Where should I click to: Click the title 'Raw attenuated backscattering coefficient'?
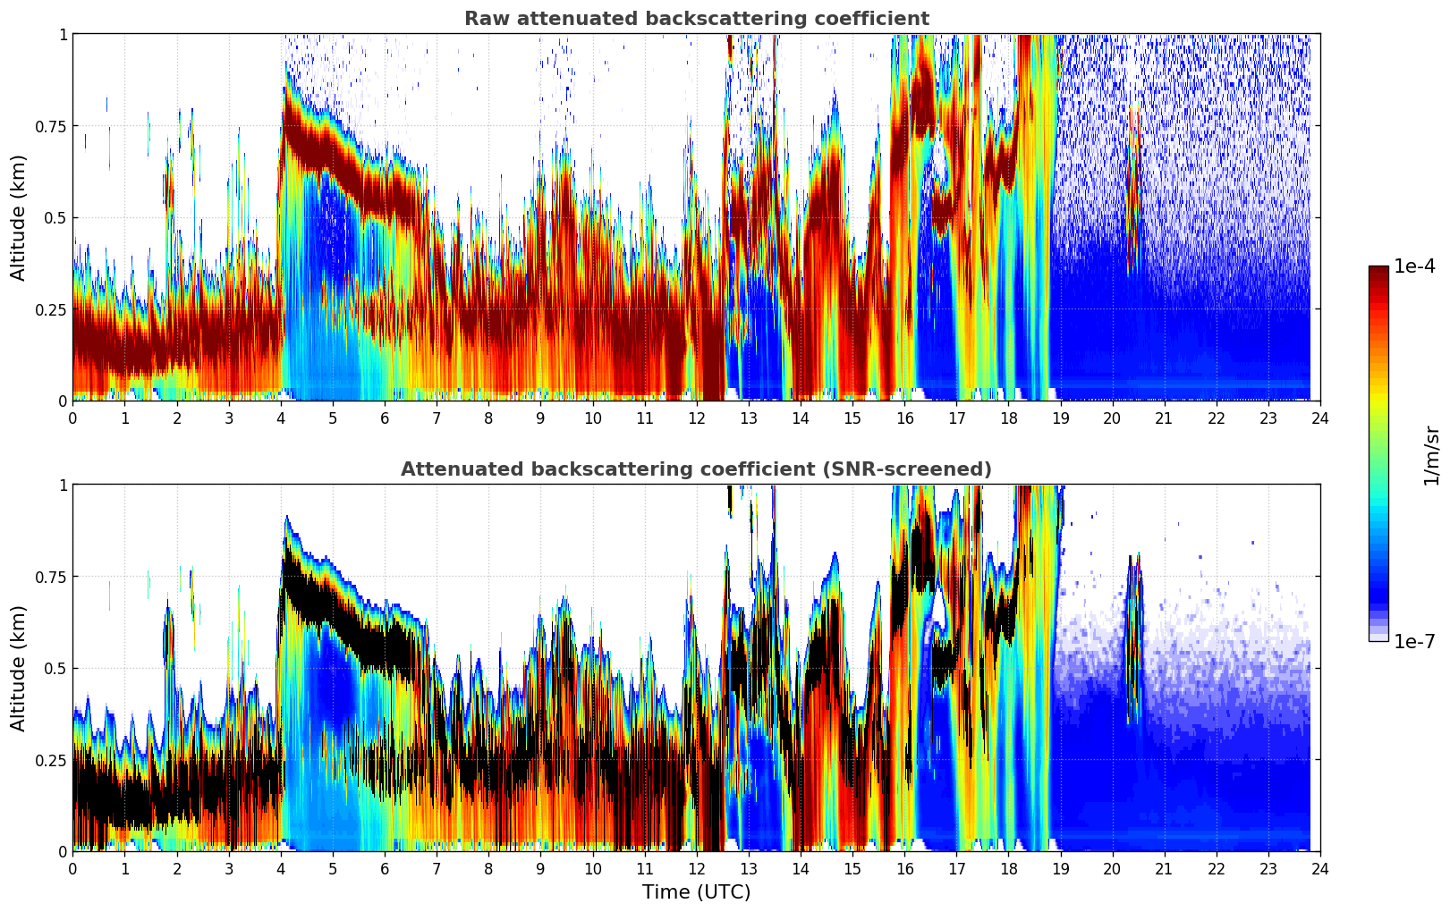pos(696,19)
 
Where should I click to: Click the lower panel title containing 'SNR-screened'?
pos(696,469)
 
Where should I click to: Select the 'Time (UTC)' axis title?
pos(696,892)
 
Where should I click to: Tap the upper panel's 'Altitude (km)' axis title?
pos(19,217)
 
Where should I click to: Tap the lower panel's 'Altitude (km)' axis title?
pos(19,668)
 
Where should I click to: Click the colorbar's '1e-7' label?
pos(1414,642)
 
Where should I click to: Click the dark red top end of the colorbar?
pos(1378,270)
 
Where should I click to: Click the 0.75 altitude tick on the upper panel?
pos(50,126)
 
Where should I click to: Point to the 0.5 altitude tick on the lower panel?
pos(55,668)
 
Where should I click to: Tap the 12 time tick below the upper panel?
pos(696,418)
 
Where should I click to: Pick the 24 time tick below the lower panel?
pos(1319,868)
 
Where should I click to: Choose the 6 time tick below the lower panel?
pos(385,868)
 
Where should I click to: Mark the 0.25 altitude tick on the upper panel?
pos(50,309)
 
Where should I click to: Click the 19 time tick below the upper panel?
pos(1060,418)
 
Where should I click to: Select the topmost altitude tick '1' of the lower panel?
pos(63,485)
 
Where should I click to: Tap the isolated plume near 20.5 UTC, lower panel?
pos(1133,626)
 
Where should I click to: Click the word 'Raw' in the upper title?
pos(484,19)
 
